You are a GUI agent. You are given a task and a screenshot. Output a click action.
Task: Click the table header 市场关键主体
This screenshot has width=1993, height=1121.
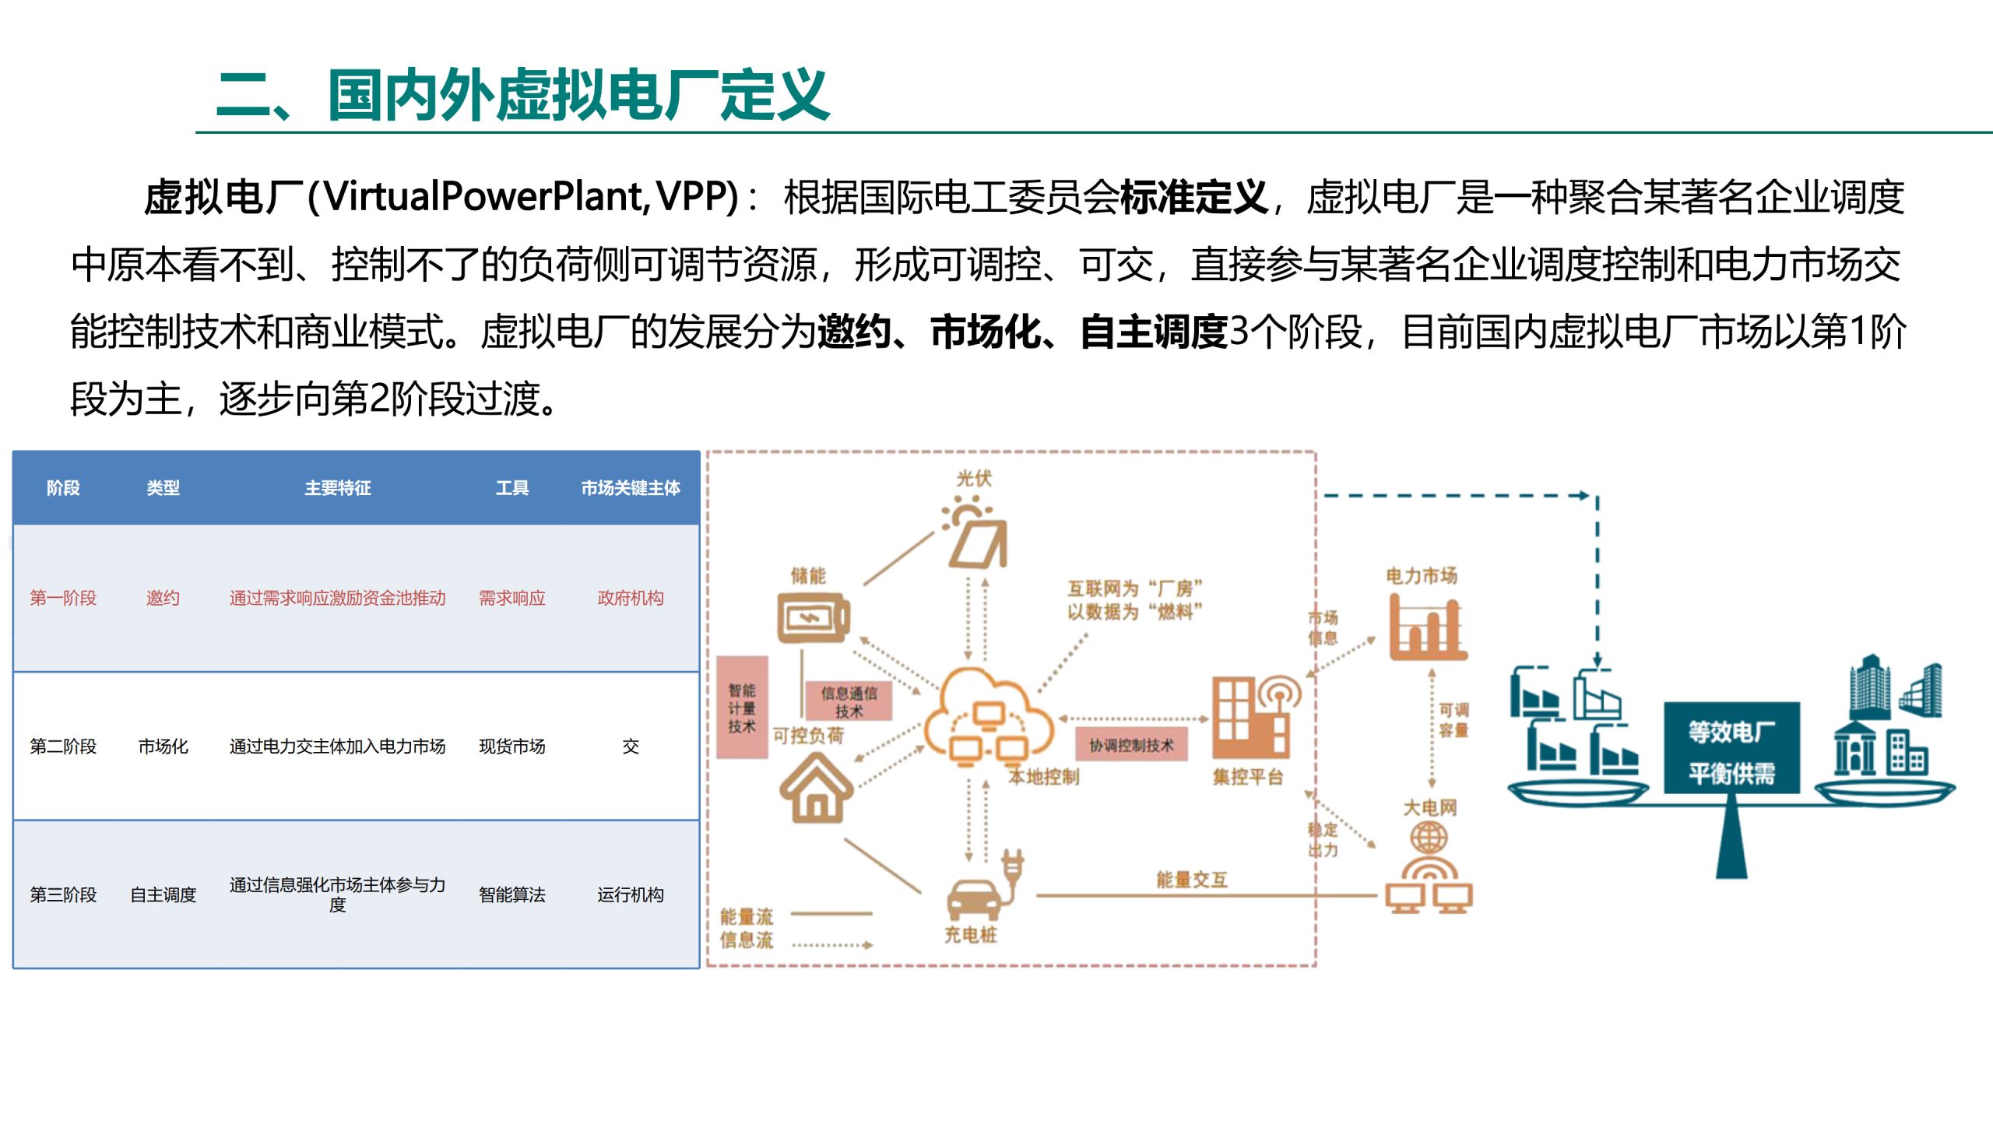click(630, 488)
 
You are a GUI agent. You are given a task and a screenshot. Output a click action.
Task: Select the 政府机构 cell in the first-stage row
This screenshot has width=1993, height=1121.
click(630, 598)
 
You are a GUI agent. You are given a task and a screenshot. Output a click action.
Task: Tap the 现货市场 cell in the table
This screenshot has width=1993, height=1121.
click(511, 747)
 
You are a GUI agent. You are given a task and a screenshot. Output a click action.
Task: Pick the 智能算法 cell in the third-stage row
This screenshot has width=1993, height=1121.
click(511, 894)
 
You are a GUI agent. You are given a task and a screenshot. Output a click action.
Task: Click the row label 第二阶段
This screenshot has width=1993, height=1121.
click(63, 747)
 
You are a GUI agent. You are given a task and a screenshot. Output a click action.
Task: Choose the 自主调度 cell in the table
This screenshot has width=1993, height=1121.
click(163, 894)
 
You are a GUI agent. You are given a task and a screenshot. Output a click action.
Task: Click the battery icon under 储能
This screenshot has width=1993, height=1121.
click(812, 618)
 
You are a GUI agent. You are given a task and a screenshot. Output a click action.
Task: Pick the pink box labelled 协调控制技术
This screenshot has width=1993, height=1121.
click(1130, 745)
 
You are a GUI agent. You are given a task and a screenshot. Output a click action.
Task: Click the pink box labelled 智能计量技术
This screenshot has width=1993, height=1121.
click(742, 708)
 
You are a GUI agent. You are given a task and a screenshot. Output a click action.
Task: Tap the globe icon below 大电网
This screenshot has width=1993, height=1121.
click(1429, 839)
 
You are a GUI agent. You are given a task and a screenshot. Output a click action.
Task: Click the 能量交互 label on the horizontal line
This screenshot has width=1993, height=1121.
click(1191, 880)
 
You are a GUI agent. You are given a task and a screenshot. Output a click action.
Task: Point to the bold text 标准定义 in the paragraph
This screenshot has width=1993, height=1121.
click(1193, 196)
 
